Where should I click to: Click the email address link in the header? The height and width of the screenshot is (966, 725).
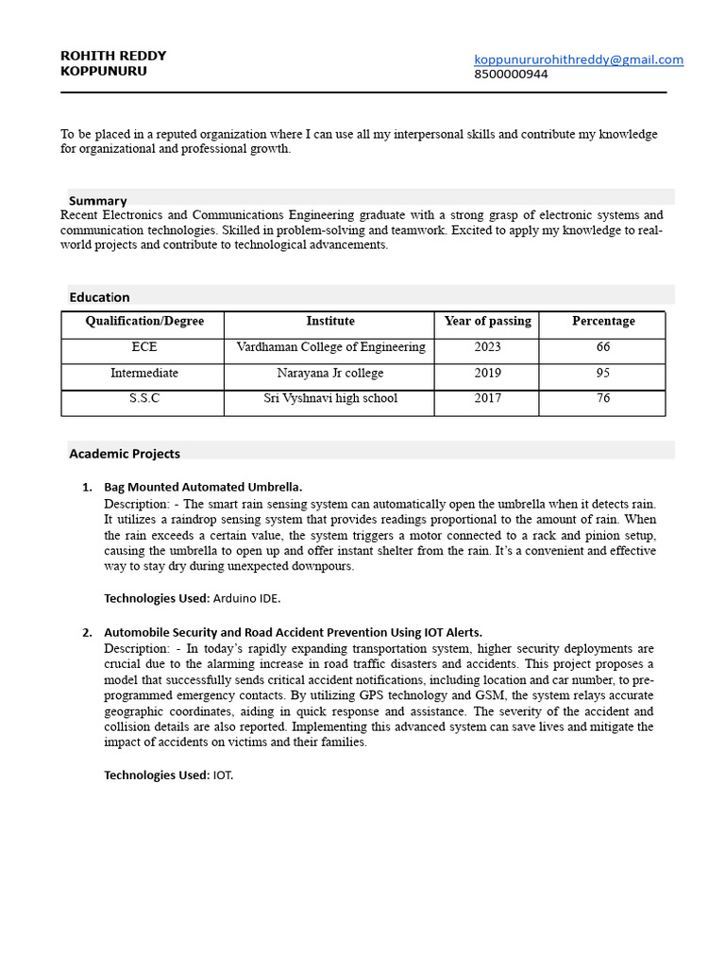click(x=578, y=59)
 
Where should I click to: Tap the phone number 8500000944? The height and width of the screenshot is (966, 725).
click(x=511, y=75)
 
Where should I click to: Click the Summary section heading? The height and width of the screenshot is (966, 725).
click(x=97, y=200)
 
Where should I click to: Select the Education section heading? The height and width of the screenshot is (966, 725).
click(x=99, y=297)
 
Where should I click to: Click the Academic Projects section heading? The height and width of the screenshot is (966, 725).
click(x=124, y=454)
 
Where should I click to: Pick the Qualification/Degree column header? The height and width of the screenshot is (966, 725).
click(x=144, y=322)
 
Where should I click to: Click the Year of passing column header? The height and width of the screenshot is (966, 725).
click(x=487, y=322)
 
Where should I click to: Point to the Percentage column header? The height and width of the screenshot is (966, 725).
click(x=603, y=322)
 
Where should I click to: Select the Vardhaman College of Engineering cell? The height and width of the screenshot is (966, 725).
click(x=330, y=347)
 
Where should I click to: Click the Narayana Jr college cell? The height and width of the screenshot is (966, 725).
click(x=330, y=374)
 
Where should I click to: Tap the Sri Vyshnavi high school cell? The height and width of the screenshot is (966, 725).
click(x=330, y=399)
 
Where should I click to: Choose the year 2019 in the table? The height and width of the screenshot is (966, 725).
click(x=487, y=374)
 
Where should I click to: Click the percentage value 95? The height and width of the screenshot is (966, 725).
click(x=603, y=374)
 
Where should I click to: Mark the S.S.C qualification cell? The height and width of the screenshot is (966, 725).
click(x=144, y=399)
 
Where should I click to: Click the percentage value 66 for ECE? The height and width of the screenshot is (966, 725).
click(x=603, y=347)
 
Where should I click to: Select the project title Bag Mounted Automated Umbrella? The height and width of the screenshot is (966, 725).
click(x=203, y=488)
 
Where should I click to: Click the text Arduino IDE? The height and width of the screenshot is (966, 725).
click(x=246, y=598)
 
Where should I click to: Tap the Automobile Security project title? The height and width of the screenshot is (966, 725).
click(x=293, y=633)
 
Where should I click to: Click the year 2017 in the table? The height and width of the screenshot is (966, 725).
click(x=487, y=399)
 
